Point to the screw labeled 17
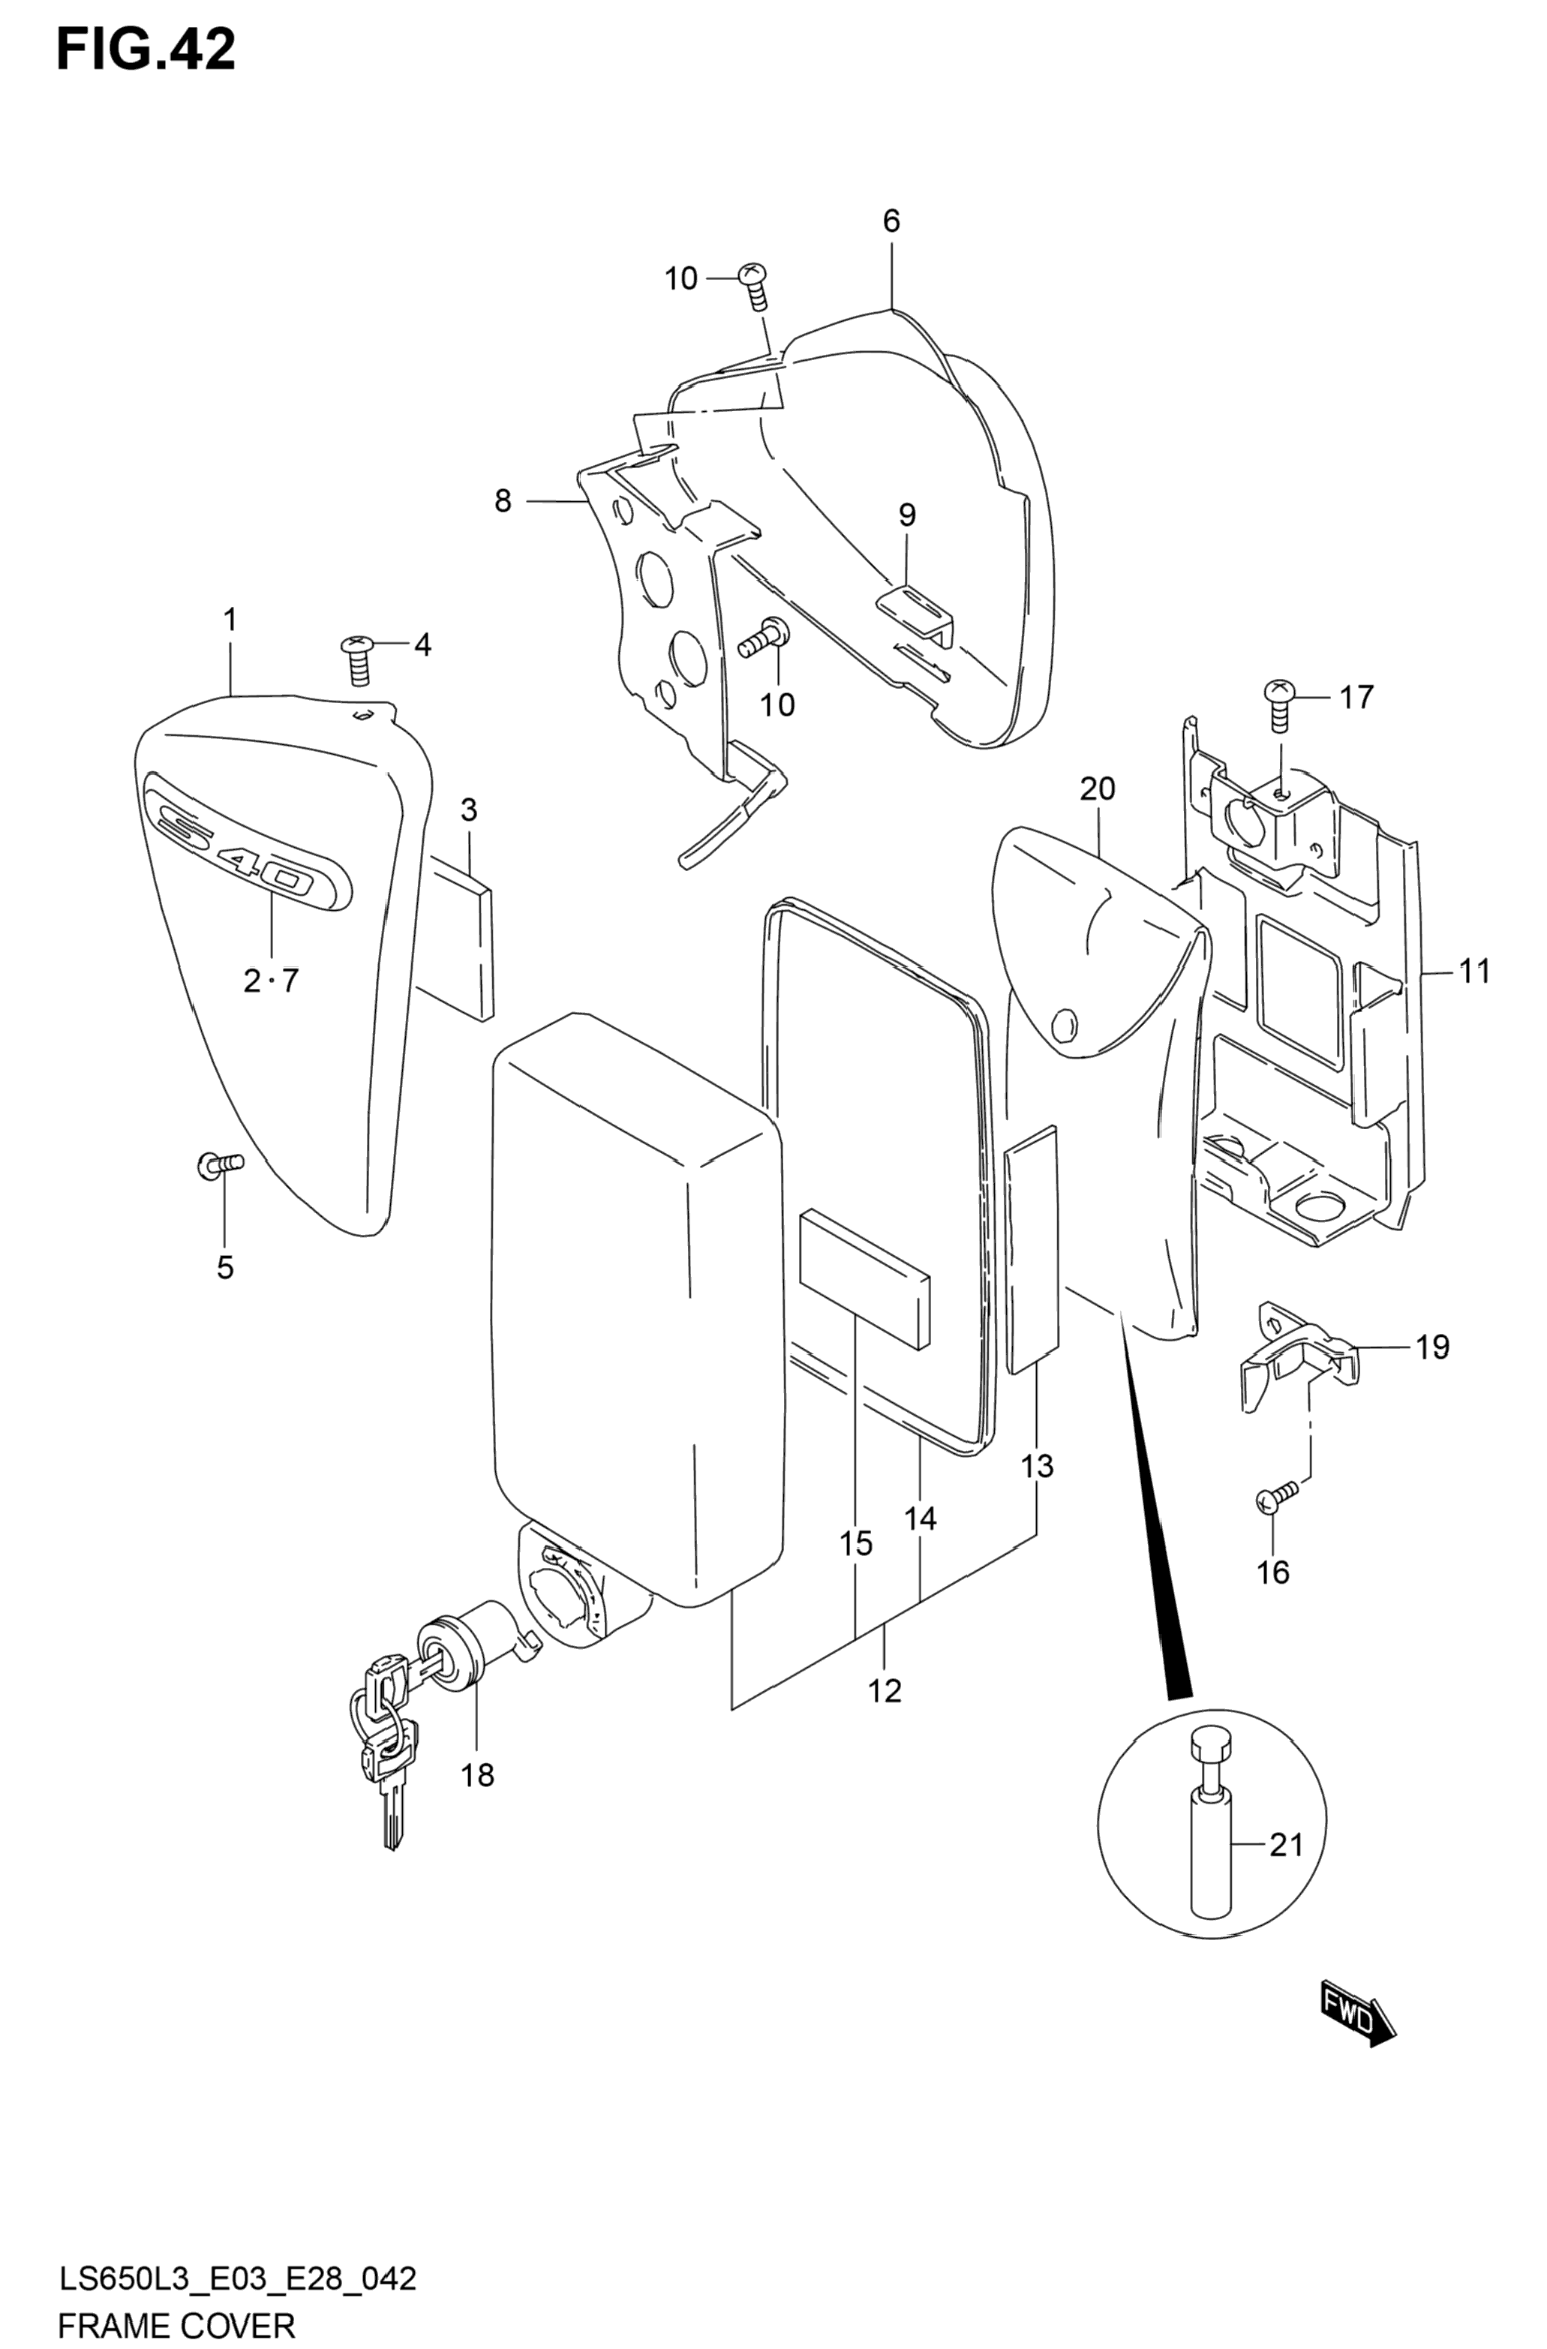(1278, 704)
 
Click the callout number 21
(1287, 1843)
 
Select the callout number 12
(885, 1691)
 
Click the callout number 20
(1097, 788)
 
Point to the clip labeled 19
(1297, 1356)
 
